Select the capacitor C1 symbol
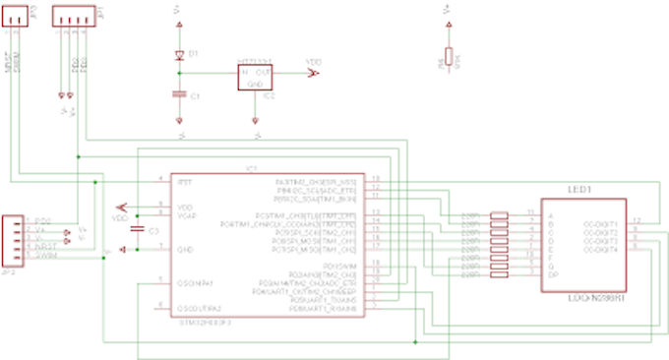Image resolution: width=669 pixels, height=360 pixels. [x=178, y=94]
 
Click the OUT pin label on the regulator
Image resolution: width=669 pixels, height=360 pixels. [x=262, y=74]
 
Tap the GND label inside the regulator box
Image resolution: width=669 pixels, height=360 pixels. [x=254, y=85]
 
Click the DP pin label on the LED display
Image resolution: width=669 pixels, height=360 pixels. [x=552, y=274]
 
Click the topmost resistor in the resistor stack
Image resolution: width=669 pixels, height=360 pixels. [x=499, y=216]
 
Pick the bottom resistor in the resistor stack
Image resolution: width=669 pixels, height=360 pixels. [x=499, y=273]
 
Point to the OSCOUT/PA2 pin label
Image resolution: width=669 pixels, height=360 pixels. [x=197, y=308]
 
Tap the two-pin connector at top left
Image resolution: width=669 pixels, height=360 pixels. [x=19, y=18]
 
